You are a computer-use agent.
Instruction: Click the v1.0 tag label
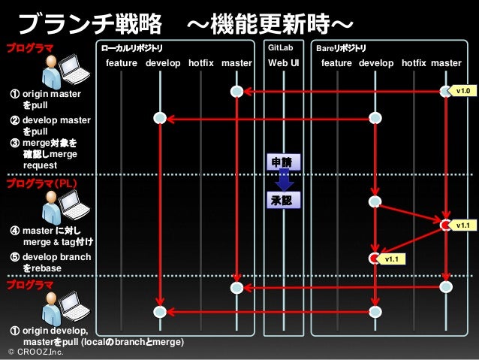[x=462, y=91]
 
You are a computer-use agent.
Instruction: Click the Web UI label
[x=284, y=63]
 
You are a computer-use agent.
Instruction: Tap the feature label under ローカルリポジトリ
[x=122, y=63]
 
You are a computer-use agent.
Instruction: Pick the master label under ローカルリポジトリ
[x=237, y=63]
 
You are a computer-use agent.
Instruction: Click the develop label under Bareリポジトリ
[x=376, y=63]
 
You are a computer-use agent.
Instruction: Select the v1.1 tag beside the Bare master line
[x=462, y=225]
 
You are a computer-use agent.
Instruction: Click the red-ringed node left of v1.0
[x=446, y=92]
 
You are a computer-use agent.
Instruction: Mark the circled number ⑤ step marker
[x=14, y=257]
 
